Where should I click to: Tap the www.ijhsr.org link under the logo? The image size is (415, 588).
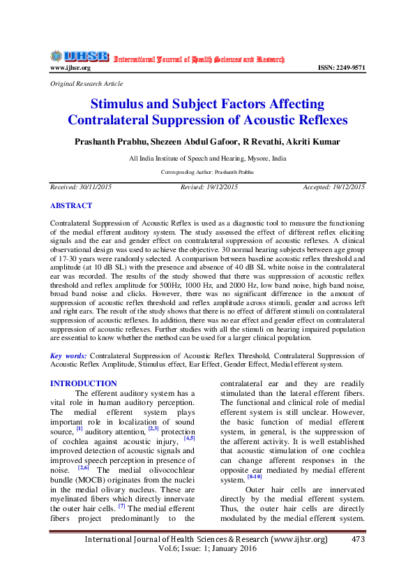(70, 68)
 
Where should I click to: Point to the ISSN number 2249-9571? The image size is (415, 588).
(341, 68)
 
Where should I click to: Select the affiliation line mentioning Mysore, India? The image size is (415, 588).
(207, 159)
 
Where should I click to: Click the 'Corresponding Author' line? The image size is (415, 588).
(207, 171)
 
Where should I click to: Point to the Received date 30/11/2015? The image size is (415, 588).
(81, 187)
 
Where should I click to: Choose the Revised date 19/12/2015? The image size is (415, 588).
(209, 187)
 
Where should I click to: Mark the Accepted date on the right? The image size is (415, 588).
(333, 187)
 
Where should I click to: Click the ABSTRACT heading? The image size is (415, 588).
(71, 206)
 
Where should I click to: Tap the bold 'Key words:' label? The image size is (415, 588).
(69, 355)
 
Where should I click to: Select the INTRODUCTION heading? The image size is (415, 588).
(84, 383)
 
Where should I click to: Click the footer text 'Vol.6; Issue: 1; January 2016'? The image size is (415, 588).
(207, 549)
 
